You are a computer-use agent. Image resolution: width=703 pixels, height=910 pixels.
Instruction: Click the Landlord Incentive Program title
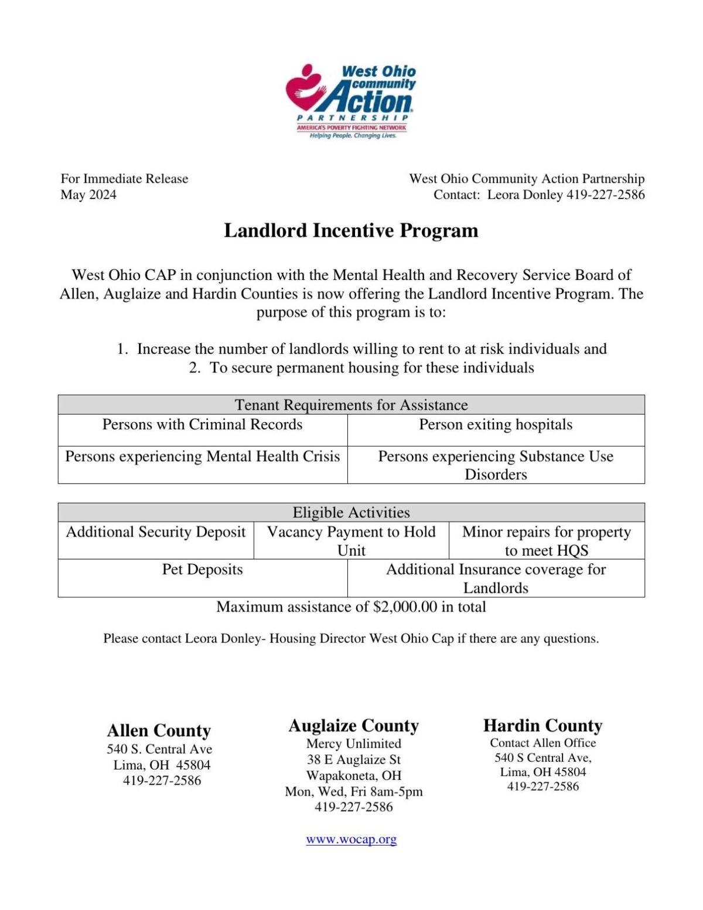(x=351, y=230)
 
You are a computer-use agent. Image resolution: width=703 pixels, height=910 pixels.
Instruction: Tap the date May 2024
(x=88, y=194)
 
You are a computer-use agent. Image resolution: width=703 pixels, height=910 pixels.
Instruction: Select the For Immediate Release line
(x=124, y=179)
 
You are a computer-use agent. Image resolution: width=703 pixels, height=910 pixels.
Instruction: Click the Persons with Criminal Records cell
(x=202, y=425)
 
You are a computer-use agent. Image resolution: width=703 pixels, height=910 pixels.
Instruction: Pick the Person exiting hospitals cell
(x=496, y=425)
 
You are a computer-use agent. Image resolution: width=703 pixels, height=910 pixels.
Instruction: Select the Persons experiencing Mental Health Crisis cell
(x=202, y=456)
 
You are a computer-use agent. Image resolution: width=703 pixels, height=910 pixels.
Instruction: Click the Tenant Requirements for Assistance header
(x=351, y=405)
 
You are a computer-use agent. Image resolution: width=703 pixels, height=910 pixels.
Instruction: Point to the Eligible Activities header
(x=351, y=512)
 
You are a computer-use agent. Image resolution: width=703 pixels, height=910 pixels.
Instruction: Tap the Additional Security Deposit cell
(x=155, y=532)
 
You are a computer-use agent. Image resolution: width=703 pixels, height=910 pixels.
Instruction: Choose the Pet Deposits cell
(x=202, y=569)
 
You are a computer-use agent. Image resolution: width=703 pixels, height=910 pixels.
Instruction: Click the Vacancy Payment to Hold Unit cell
(x=351, y=540)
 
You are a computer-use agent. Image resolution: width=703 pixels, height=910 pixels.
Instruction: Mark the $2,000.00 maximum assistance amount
(x=405, y=607)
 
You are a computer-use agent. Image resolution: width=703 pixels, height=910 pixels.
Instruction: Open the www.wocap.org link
(x=351, y=839)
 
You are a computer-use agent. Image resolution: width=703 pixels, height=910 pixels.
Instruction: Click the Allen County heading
(x=159, y=730)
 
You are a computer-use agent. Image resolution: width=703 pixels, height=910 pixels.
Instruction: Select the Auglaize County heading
(x=353, y=726)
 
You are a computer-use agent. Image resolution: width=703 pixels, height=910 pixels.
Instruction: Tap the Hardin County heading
(x=542, y=726)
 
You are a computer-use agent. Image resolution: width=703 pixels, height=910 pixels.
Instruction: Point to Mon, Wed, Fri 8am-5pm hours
(x=353, y=792)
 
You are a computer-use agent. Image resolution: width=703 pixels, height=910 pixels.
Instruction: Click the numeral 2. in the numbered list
(x=195, y=368)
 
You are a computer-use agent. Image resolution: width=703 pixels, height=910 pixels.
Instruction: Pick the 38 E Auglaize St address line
(x=353, y=760)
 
